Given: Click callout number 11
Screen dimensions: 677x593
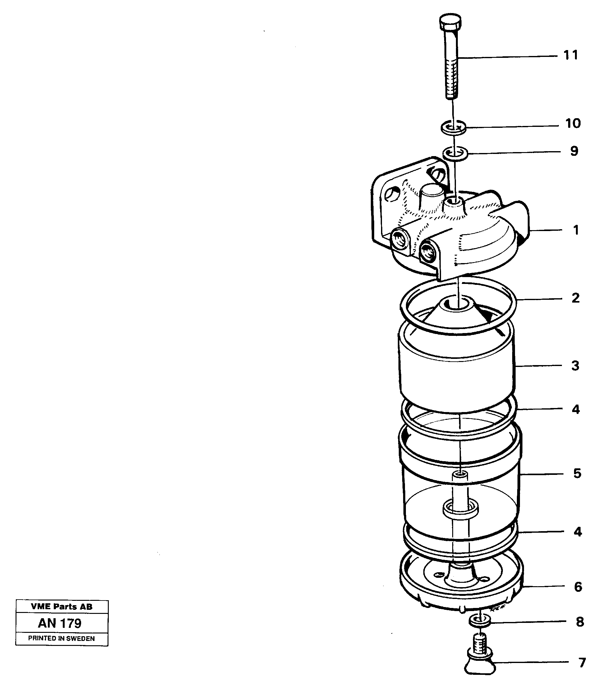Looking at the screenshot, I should point(571,55).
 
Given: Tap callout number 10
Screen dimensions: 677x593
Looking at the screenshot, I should point(573,123).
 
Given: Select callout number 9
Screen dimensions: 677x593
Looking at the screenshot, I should point(574,151).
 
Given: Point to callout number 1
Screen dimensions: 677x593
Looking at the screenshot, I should point(576,230).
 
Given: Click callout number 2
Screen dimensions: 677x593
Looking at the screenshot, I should point(576,298).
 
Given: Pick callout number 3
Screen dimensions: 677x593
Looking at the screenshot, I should point(575,366).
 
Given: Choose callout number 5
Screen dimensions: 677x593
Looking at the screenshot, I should point(577,473).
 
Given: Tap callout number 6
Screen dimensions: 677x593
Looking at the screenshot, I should point(578,587).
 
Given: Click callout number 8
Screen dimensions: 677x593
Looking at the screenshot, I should point(580,622).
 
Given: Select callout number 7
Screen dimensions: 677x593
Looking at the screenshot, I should point(582,662).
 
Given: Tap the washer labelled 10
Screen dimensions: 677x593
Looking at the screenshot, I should point(453,128).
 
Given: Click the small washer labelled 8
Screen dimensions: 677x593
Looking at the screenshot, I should point(480,621).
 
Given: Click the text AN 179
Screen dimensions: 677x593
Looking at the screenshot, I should point(60,624).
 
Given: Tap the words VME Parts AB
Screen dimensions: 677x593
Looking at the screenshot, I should point(62,606).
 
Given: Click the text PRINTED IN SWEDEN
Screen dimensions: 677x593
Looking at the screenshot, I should point(62,638).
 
